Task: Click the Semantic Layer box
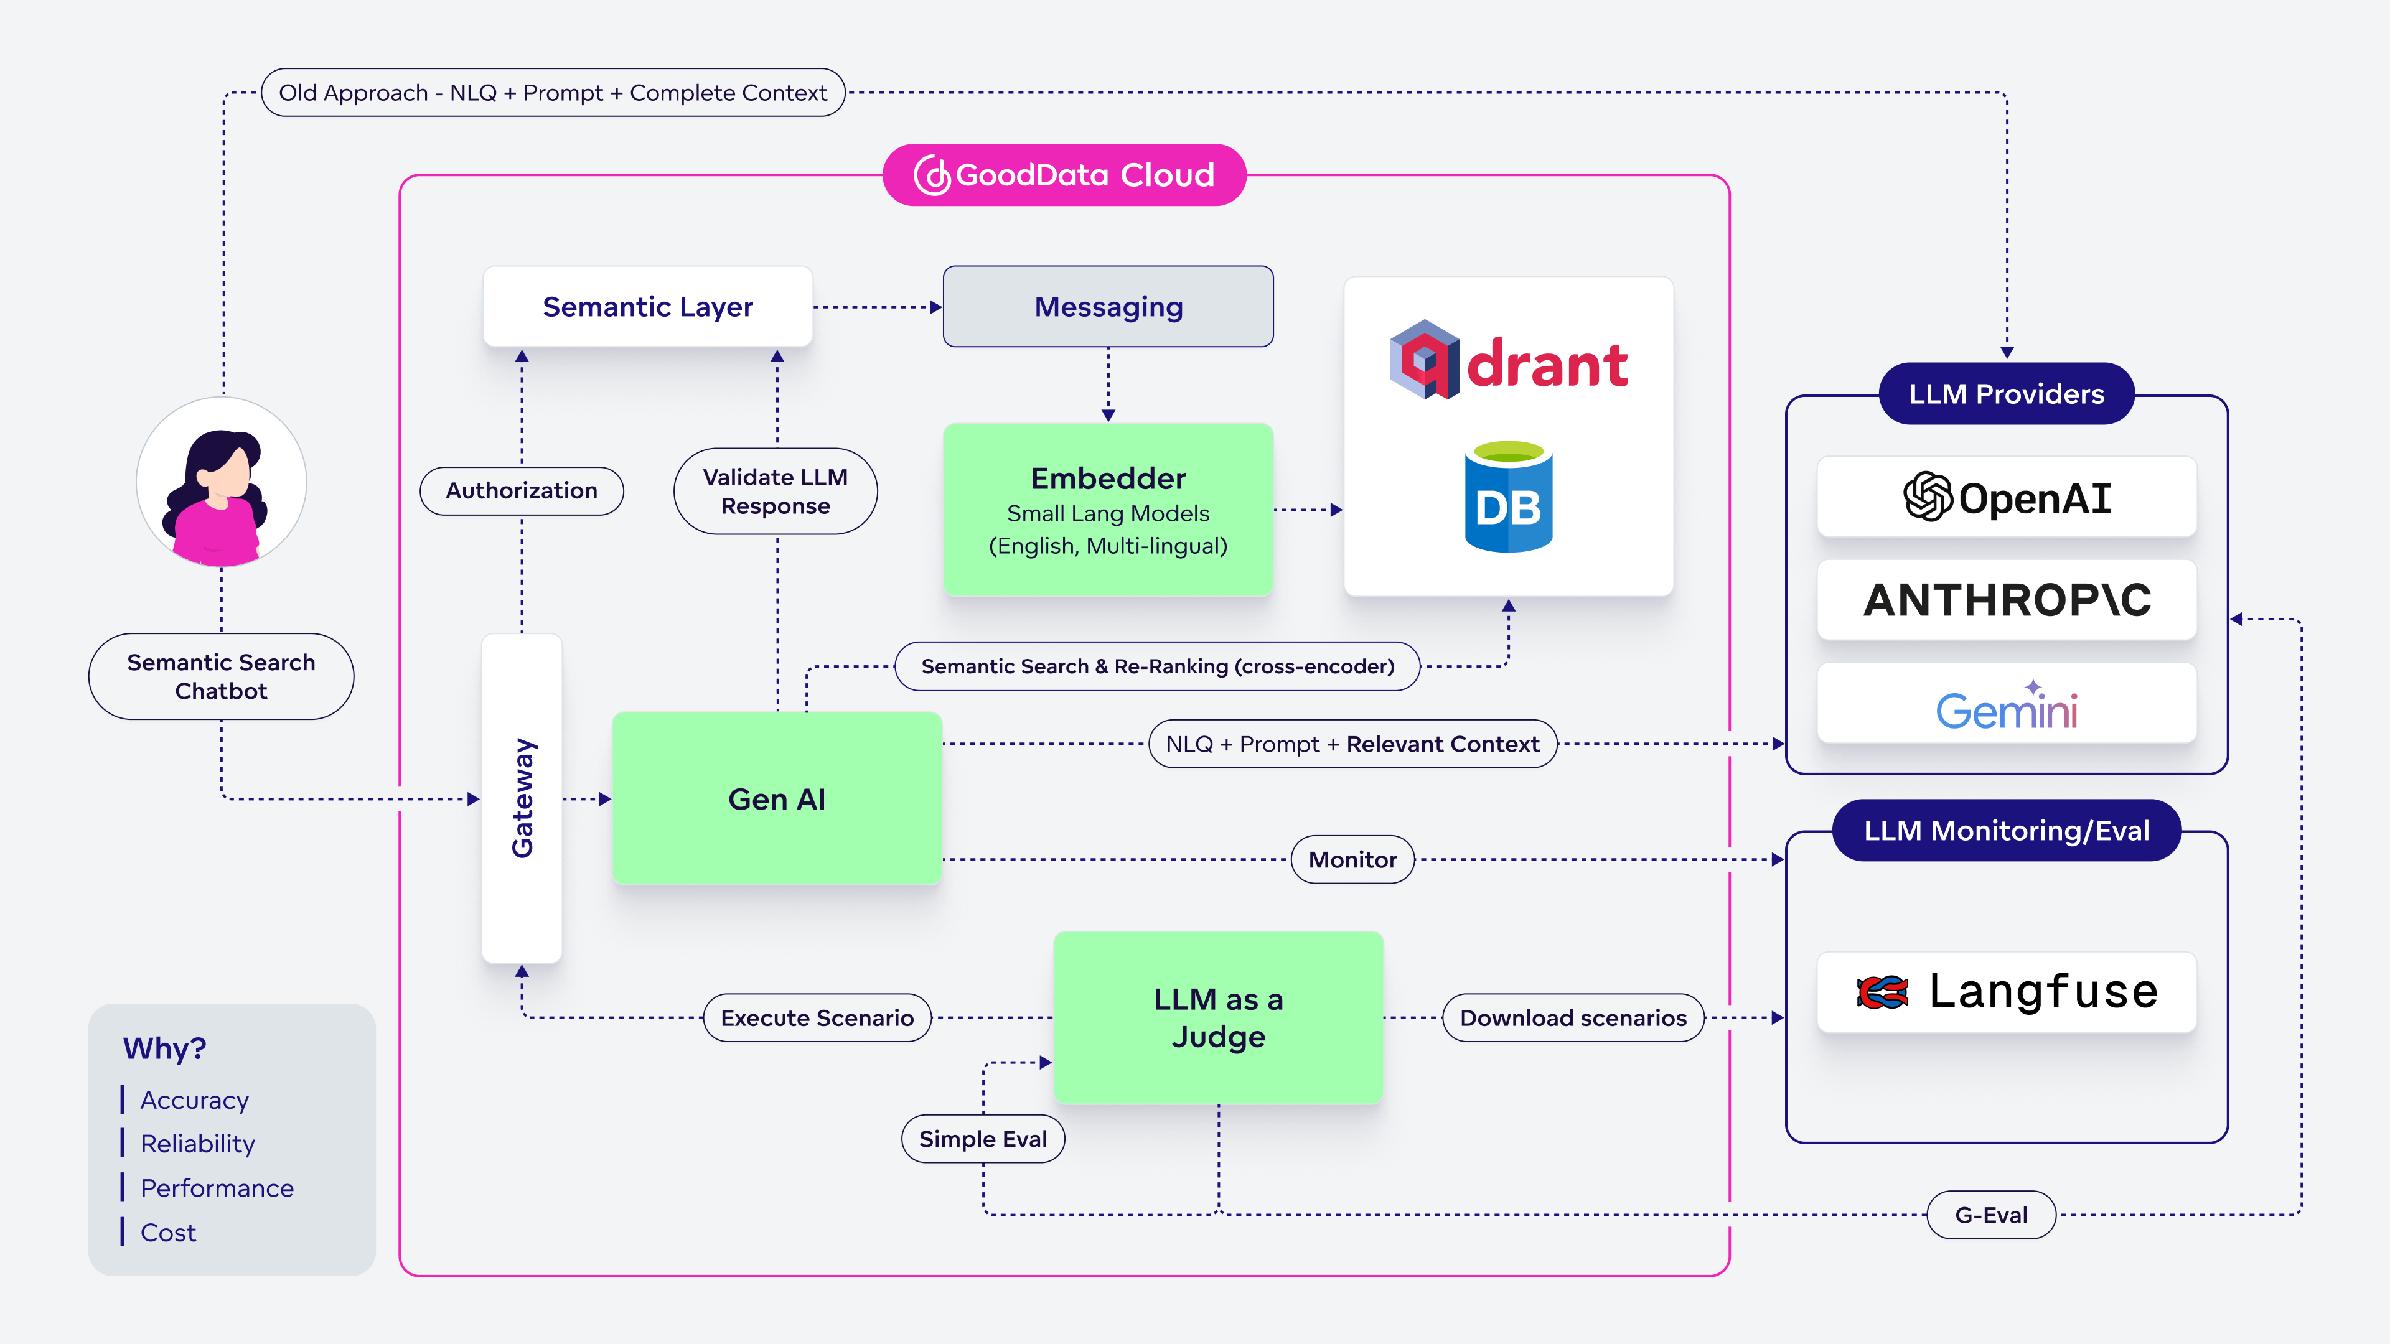tap(647, 306)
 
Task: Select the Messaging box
tap(1108, 306)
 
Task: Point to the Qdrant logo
tap(1509, 362)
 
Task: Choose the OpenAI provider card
tap(2006, 497)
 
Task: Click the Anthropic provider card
tap(2006, 599)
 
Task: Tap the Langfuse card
tap(2006, 992)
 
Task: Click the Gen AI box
tap(777, 798)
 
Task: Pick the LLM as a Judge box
tap(1218, 1017)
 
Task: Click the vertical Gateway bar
tap(522, 798)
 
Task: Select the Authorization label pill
tap(522, 491)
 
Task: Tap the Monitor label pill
tap(1352, 860)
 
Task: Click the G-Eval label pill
tap(1991, 1215)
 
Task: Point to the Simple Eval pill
tap(983, 1139)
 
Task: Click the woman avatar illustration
tap(222, 482)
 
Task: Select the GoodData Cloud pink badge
tap(1064, 174)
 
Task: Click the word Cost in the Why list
tap(168, 1233)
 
